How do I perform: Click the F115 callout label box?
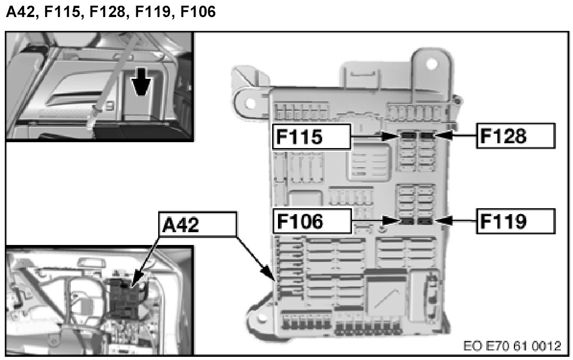pos(312,137)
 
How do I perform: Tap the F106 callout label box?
pos(312,220)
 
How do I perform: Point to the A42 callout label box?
pos(197,224)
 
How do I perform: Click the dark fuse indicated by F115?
pos(408,136)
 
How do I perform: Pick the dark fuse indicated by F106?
pos(408,220)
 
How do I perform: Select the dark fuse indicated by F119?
pos(425,220)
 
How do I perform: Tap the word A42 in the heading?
pos(21,11)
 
